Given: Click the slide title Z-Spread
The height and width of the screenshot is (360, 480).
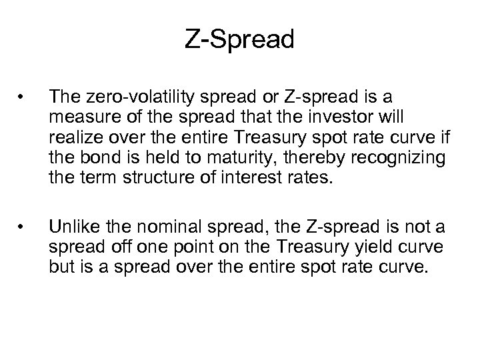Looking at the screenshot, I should [x=239, y=39].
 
